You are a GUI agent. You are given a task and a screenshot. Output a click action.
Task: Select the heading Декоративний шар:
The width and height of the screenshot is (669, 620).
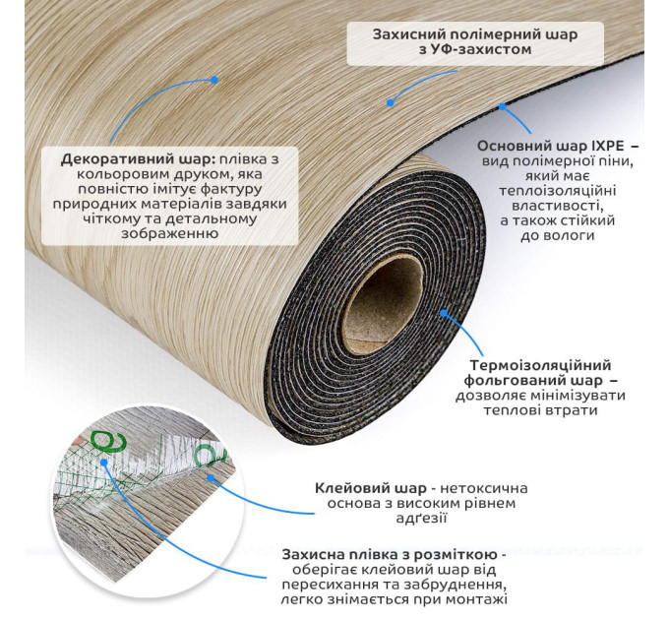click(139, 160)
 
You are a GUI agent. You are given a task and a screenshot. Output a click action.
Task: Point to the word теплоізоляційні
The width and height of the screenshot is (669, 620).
click(558, 191)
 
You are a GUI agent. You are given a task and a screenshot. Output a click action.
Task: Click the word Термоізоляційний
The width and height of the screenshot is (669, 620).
click(540, 365)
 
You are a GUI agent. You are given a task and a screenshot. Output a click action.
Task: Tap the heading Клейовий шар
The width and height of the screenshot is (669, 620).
click(370, 488)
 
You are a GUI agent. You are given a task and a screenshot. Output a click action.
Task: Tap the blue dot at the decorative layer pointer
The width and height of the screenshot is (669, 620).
click(214, 80)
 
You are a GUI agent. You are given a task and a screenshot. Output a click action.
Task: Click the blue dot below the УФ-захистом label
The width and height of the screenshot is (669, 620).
click(390, 102)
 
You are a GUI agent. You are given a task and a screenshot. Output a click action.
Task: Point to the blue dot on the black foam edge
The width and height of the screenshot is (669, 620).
click(503, 107)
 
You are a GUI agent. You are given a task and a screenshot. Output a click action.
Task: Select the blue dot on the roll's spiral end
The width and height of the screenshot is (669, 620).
click(444, 314)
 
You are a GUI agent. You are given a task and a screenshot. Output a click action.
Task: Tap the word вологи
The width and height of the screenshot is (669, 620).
click(557, 236)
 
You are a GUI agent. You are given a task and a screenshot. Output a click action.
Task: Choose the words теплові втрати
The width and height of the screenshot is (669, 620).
click(540, 410)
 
